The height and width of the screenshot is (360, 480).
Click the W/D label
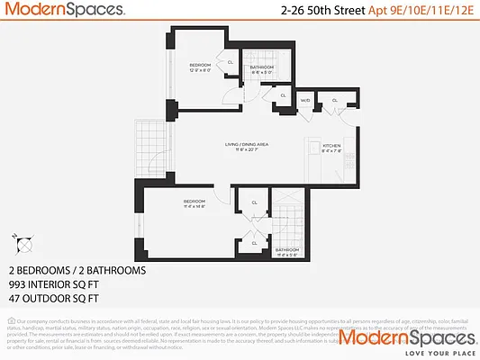pyautogui.click(x=304, y=101)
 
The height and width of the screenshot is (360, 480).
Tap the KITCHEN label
pyautogui.click(x=331, y=145)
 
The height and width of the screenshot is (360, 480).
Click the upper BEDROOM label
pyautogui.click(x=200, y=66)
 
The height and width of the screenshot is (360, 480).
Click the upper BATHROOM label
pyautogui.click(x=262, y=67)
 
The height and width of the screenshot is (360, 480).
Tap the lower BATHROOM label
pyautogui.click(x=288, y=249)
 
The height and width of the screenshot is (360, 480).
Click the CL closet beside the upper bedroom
pyautogui.click(x=231, y=62)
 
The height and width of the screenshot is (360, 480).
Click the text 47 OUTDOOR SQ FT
pyautogui.click(x=58, y=295)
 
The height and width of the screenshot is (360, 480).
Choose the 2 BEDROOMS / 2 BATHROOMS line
pyautogui.click(x=77, y=270)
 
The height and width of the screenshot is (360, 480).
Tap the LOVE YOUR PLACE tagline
pyautogui.click(x=425, y=352)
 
